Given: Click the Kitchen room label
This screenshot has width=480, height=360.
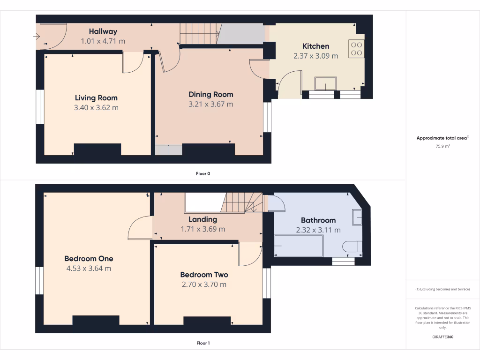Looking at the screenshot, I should coord(315,46).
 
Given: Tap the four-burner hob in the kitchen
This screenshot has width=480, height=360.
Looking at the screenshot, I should coord(356,49).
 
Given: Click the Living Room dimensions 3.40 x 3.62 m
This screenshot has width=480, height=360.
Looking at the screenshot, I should coord(96,107).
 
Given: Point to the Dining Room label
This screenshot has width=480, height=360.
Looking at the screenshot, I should coord(210,94).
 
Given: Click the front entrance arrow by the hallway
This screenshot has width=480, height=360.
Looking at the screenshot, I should coord(37,37).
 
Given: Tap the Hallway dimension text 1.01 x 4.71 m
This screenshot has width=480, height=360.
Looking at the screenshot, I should coord(103,41).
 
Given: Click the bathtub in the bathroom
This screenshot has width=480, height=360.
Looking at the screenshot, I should coord(299,246).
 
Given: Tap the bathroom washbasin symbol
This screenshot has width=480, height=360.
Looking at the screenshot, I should coord(357,217).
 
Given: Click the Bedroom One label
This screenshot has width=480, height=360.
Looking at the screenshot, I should coord(89,258).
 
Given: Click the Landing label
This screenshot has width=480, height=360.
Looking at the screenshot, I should coord(202,219).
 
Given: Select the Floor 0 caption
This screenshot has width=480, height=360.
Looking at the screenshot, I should coord(203,173).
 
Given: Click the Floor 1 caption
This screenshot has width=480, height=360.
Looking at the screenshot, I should coord(203,343).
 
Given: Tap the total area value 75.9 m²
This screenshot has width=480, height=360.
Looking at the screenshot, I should coord(443,146).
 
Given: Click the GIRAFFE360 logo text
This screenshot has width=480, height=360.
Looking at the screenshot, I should coord(443,337).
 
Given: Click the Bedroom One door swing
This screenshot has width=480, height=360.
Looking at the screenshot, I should coord(140,228).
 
